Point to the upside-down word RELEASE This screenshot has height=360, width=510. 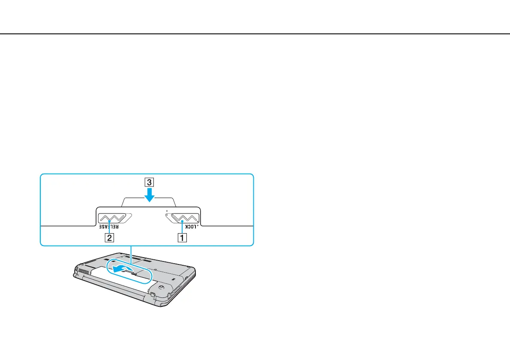(109, 226)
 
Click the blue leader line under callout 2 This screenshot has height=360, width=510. (110, 228)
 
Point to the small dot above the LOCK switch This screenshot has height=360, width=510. (166, 211)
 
